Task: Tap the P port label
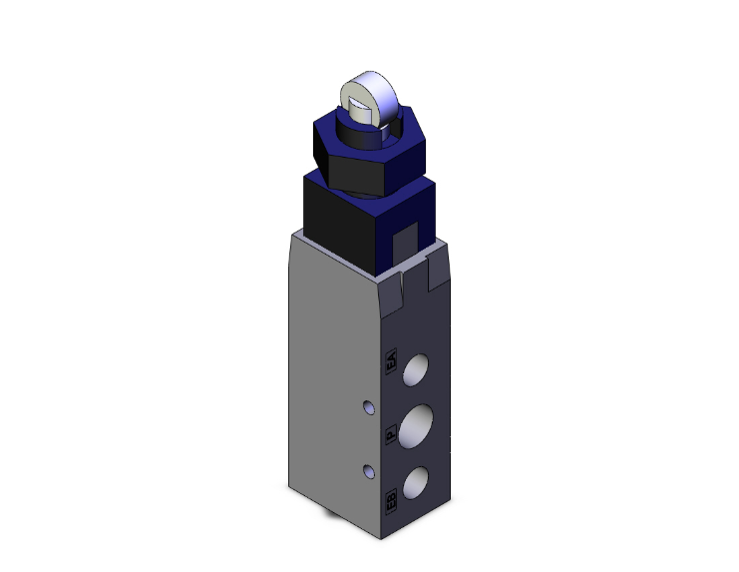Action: pos(391,433)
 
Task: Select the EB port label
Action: pos(391,499)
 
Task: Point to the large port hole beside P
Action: pos(419,421)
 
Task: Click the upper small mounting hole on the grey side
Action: pos(368,407)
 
